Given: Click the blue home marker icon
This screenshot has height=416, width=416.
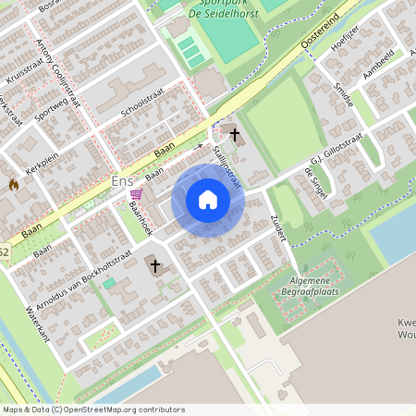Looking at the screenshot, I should click(x=208, y=200).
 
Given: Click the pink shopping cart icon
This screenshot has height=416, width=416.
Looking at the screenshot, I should click(x=137, y=194).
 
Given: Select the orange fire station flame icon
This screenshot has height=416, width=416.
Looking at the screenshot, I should click(x=13, y=184).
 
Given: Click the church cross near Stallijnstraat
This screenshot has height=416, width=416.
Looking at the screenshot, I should click(x=235, y=135).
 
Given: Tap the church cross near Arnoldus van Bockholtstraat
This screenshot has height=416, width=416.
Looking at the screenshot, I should click(x=155, y=267).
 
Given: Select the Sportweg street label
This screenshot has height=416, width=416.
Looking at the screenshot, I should click(x=53, y=117).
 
